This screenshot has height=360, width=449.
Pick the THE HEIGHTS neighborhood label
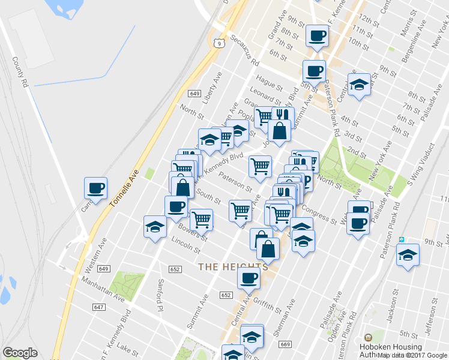[x=233, y=266]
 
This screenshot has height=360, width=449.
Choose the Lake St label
[x=128, y=347]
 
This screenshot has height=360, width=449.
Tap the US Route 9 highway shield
[x=219, y=43]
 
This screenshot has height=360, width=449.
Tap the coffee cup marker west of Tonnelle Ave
[x=95, y=188]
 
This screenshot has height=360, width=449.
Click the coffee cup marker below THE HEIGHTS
[x=249, y=277]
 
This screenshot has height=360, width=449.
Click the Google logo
[x=20, y=353]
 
